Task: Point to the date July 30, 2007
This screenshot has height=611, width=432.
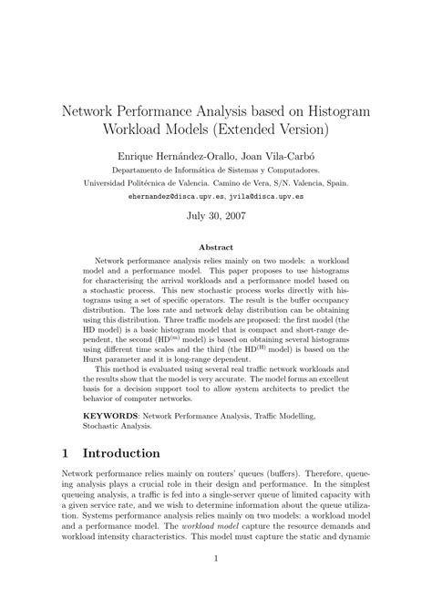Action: [216, 217]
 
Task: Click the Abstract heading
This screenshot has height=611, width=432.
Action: [216, 247]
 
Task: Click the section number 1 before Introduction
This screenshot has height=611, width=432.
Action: [67, 453]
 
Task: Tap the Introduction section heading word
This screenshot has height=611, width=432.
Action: [122, 453]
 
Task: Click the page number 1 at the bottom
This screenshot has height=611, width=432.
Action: [216, 584]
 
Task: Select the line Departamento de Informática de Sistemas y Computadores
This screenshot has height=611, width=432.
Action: [216, 170]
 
